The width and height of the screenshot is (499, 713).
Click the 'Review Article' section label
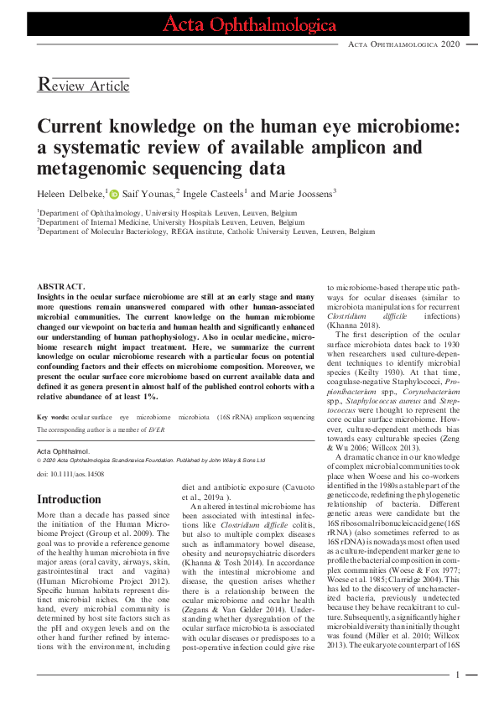[84, 85]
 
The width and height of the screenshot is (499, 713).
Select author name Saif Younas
[148, 195]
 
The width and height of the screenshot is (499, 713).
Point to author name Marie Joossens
[299, 195]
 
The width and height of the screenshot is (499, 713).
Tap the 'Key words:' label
[53, 417]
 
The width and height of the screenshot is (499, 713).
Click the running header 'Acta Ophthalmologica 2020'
[403, 44]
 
